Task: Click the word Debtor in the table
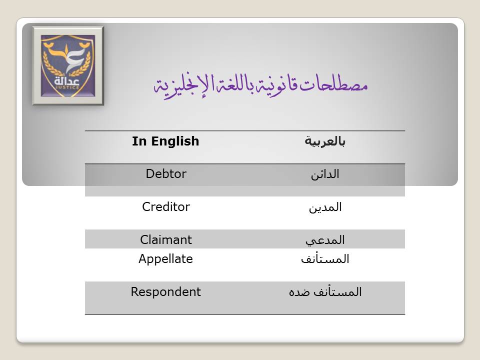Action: coord(166,174)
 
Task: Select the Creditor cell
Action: coord(166,207)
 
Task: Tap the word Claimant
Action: coord(166,239)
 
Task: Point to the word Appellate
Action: coord(165,259)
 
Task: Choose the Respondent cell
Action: coord(165,292)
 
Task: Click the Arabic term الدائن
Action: coord(325,174)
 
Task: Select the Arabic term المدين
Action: coord(325,207)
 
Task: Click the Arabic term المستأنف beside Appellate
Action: coord(325,259)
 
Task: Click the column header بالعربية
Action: coord(325,141)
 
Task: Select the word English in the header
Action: coord(175,141)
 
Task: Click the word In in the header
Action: coord(139,141)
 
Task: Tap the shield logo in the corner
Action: coord(67,65)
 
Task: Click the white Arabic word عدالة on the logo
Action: coord(67,81)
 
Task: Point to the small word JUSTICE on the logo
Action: coord(67,87)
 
